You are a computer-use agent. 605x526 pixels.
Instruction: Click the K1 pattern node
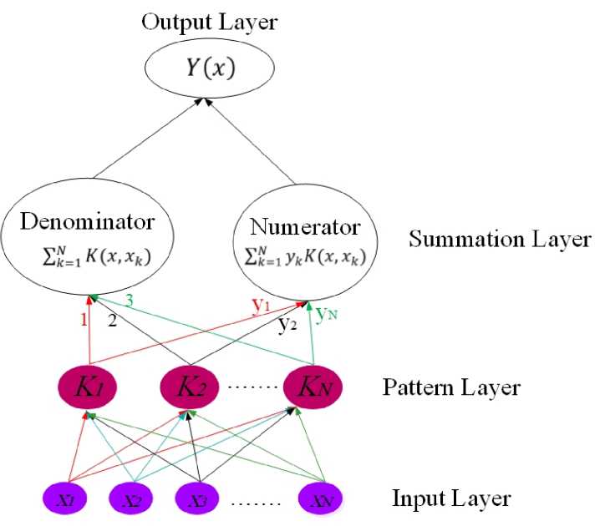click(x=86, y=387)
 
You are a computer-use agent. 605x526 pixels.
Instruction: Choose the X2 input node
click(x=135, y=499)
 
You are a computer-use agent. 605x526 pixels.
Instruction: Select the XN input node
click(x=322, y=499)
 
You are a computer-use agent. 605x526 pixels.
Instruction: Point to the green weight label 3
click(x=130, y=300)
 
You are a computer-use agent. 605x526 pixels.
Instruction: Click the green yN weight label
click(x=329, y=315)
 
